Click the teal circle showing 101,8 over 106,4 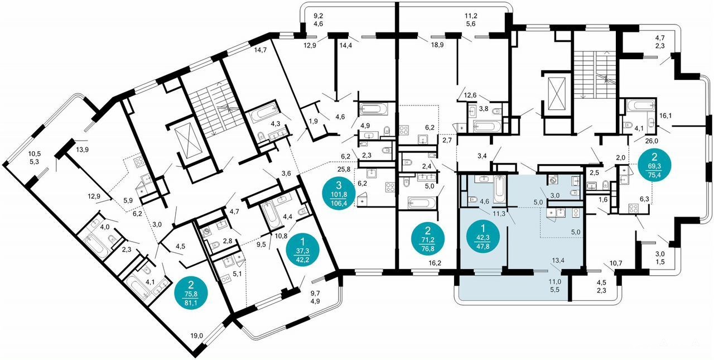click(x=339, y=194)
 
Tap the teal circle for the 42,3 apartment click(x=483, y=237)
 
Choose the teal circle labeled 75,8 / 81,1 click(x=191, y=293)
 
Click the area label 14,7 click(x=260, y=50)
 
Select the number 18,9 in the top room click(x=437, y=45)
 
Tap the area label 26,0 click(x=650, y=141)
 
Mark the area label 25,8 click(x=344, y=169)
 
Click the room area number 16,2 click(x=435, y=263)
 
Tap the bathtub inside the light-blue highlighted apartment click(x=499, y=190)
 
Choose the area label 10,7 click(x=616, y=263)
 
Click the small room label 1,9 click(x=313, y=121)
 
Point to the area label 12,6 click(x=470, y=95)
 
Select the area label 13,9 click(x=82, y=149)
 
